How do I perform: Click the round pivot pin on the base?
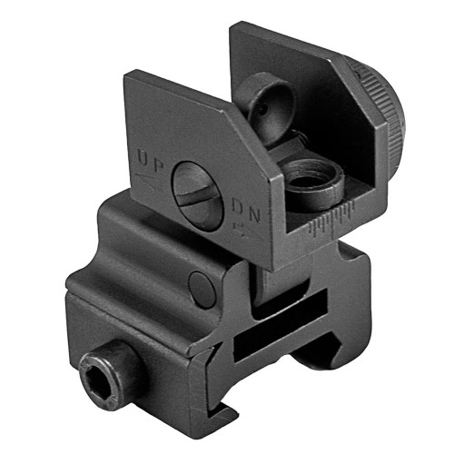pyautogui.click(x=197, y=288)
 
